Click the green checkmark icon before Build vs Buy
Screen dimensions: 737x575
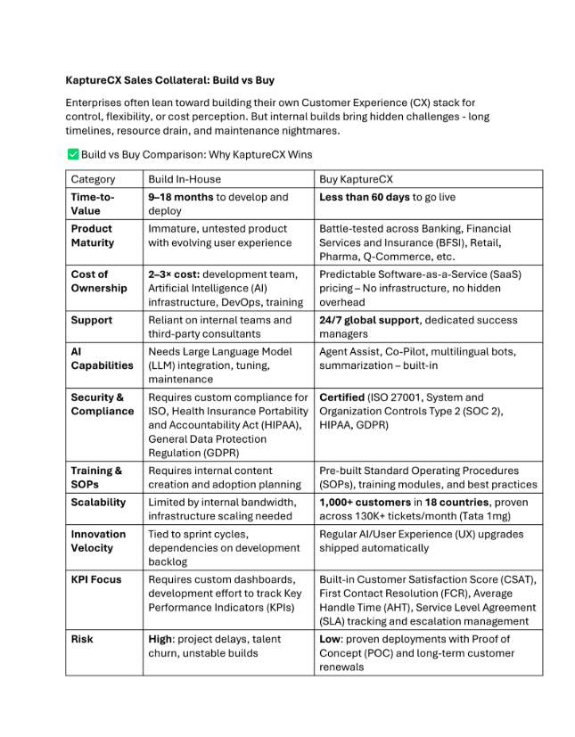coord(72,154)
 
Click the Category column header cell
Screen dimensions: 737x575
coord(93,179)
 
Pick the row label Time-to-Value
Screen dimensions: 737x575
coord(94,204)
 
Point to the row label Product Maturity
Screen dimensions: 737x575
coord(93,235)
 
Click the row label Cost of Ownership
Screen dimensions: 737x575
coord(99,281)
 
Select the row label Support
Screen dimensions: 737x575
coord(92,320)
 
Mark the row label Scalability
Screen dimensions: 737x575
coord(99,502)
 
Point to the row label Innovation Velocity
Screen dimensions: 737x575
coord(99,541)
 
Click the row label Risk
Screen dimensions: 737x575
coord(83,639)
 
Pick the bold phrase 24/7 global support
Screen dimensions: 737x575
coord(368,320)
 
